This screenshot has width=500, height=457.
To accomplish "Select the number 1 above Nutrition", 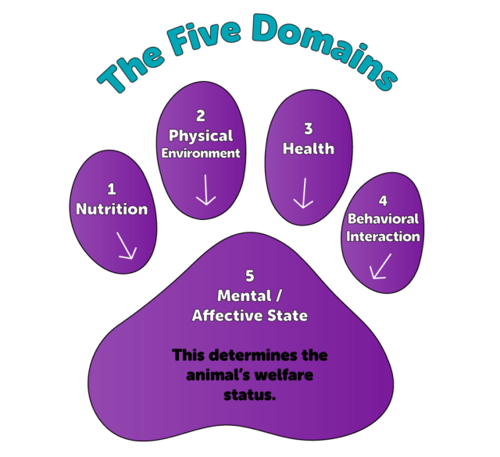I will coord(111,189).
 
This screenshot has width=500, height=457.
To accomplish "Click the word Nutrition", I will coord(112,209).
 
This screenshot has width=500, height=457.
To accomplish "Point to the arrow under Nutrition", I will coord(125,246).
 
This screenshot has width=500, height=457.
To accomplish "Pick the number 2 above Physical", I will coord(201,116).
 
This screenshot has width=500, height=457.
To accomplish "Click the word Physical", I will coord(201,136).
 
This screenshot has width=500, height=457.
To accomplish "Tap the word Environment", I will coord(201,154).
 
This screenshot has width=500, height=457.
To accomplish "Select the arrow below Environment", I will coord(205,190).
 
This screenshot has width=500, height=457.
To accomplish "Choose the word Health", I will coord(308,148).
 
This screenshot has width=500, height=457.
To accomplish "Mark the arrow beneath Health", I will coord(303,193).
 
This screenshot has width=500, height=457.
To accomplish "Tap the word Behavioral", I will coord(383,219).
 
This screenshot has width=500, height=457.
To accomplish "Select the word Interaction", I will coord(383,236).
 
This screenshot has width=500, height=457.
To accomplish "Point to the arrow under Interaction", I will coord(380,266).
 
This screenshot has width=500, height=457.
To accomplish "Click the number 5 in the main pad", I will coord(249,277).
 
